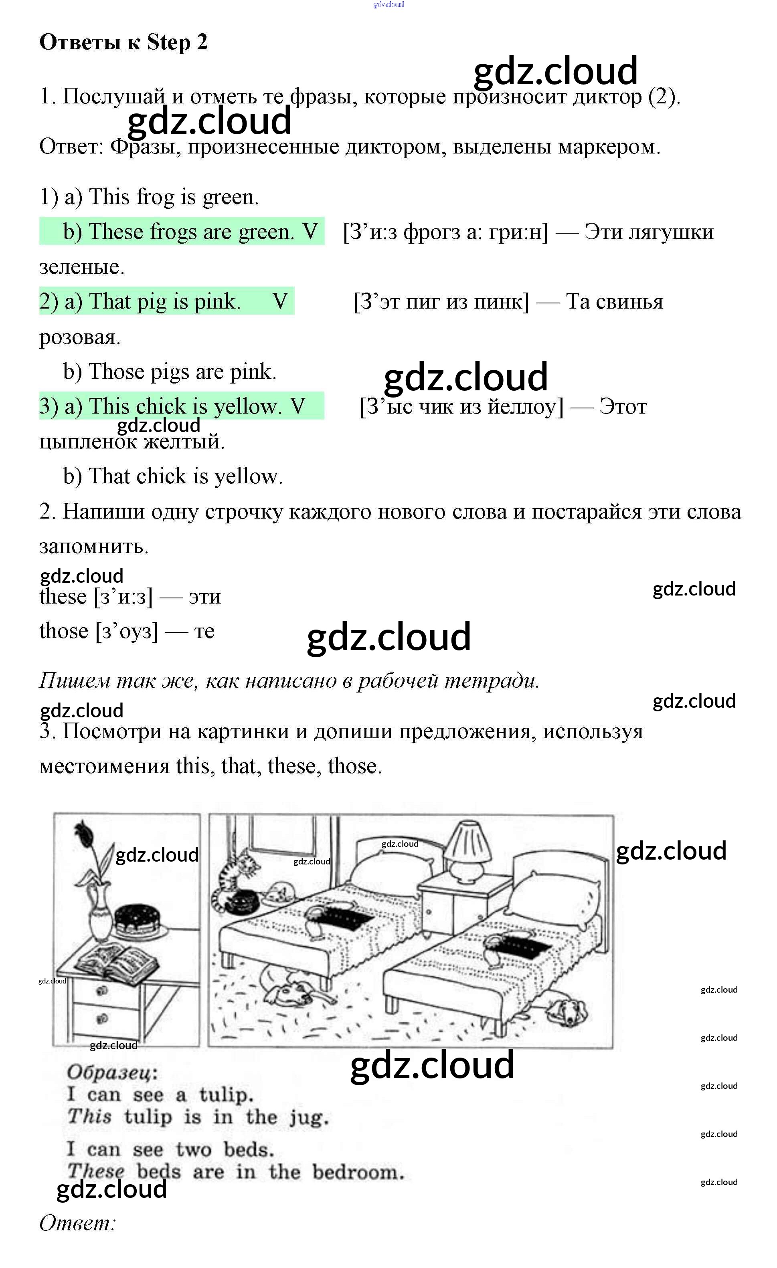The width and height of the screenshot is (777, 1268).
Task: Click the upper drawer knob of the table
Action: point(102,991)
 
